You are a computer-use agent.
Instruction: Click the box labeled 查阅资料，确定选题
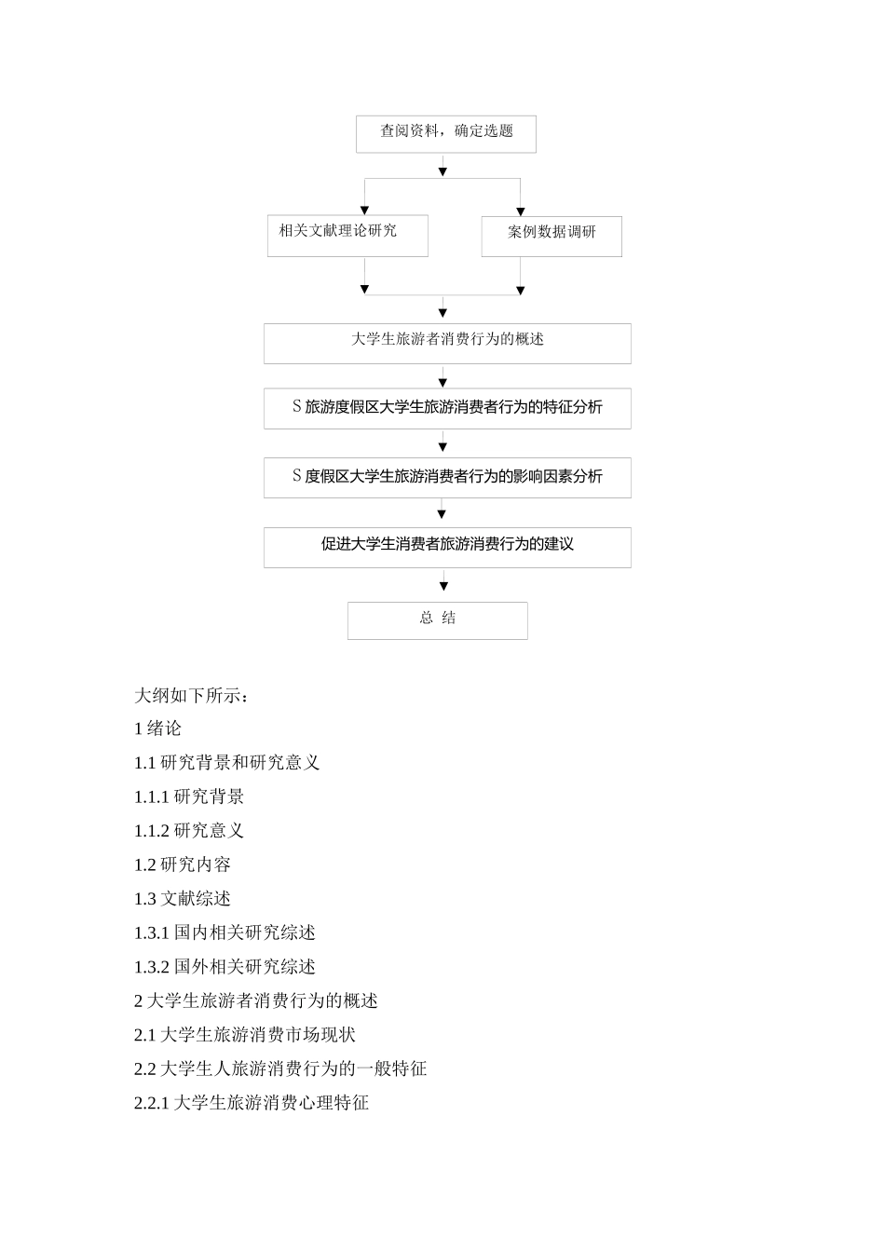pos(446,133)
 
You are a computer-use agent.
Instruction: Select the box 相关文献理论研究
pos(347,236)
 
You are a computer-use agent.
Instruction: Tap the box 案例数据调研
pos(551,237)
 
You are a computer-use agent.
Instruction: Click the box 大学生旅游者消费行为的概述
pos(447,343)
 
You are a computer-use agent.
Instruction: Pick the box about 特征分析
pos(447,408)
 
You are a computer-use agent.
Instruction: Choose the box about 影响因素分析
pos(447,477)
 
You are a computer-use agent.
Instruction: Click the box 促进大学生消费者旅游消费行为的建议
pos(447,547)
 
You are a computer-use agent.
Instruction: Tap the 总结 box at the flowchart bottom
pos(438,620)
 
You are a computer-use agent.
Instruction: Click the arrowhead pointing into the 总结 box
pos(443,587)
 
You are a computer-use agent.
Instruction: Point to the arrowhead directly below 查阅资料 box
pos(443,171)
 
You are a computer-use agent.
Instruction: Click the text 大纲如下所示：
pos(192,696)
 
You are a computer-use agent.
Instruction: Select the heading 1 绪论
pos(158,728)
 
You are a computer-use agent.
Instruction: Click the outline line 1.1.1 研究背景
pos(189,796)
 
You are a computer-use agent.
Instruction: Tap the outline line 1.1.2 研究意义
pos(189,831)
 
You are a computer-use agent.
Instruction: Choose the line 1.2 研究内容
pos(183,864)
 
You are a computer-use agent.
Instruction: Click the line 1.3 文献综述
pos(183,899)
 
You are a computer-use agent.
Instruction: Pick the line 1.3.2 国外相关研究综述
pos(225,967)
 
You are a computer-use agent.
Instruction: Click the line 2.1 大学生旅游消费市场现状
pos(245,1035)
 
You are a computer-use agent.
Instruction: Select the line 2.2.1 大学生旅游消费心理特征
pos(252,1103)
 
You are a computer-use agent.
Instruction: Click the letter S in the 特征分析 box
pos(297,407)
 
